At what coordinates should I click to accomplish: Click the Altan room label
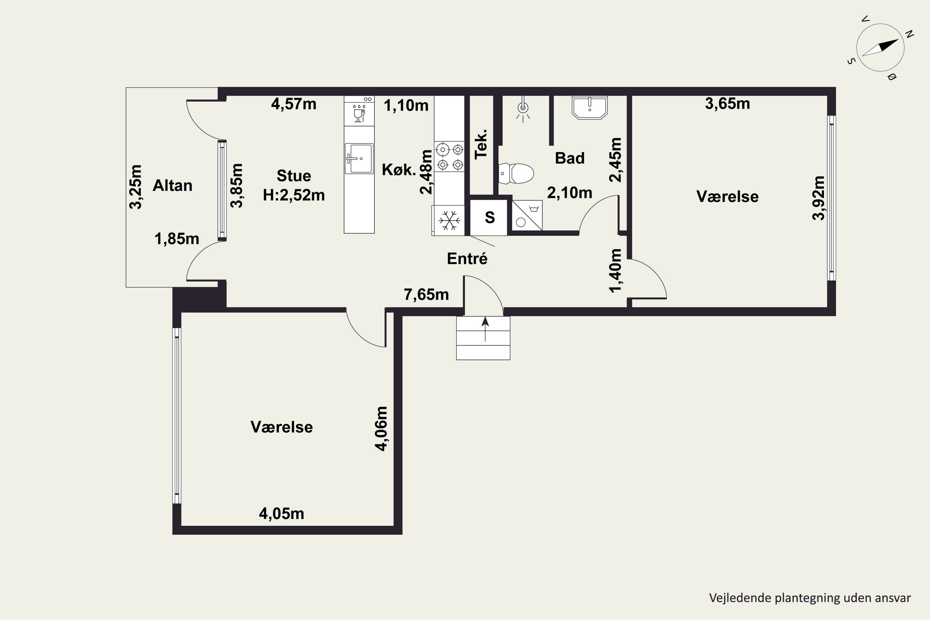point(172,185)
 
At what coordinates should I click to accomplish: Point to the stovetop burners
point(449,157)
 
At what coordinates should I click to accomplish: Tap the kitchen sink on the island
point(359,158)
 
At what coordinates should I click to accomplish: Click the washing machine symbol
point(527,215)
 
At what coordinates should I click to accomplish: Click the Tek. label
point(481,144)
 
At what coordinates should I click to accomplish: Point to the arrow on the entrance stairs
point(485,329)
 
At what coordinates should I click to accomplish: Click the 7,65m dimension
point(426,294)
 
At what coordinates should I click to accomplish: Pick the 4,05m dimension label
point(281,514)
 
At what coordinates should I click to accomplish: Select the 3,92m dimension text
point(818,198)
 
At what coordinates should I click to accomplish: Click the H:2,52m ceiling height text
point(294,195)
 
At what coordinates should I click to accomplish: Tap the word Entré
point(467,259)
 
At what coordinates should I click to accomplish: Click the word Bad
point(570,158)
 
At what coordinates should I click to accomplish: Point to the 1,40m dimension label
point(616,270)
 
